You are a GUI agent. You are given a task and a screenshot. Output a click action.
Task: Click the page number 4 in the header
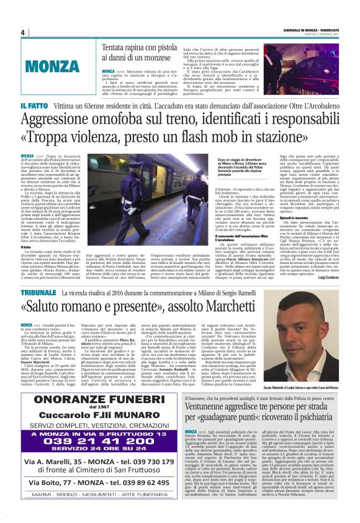[22, 33]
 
